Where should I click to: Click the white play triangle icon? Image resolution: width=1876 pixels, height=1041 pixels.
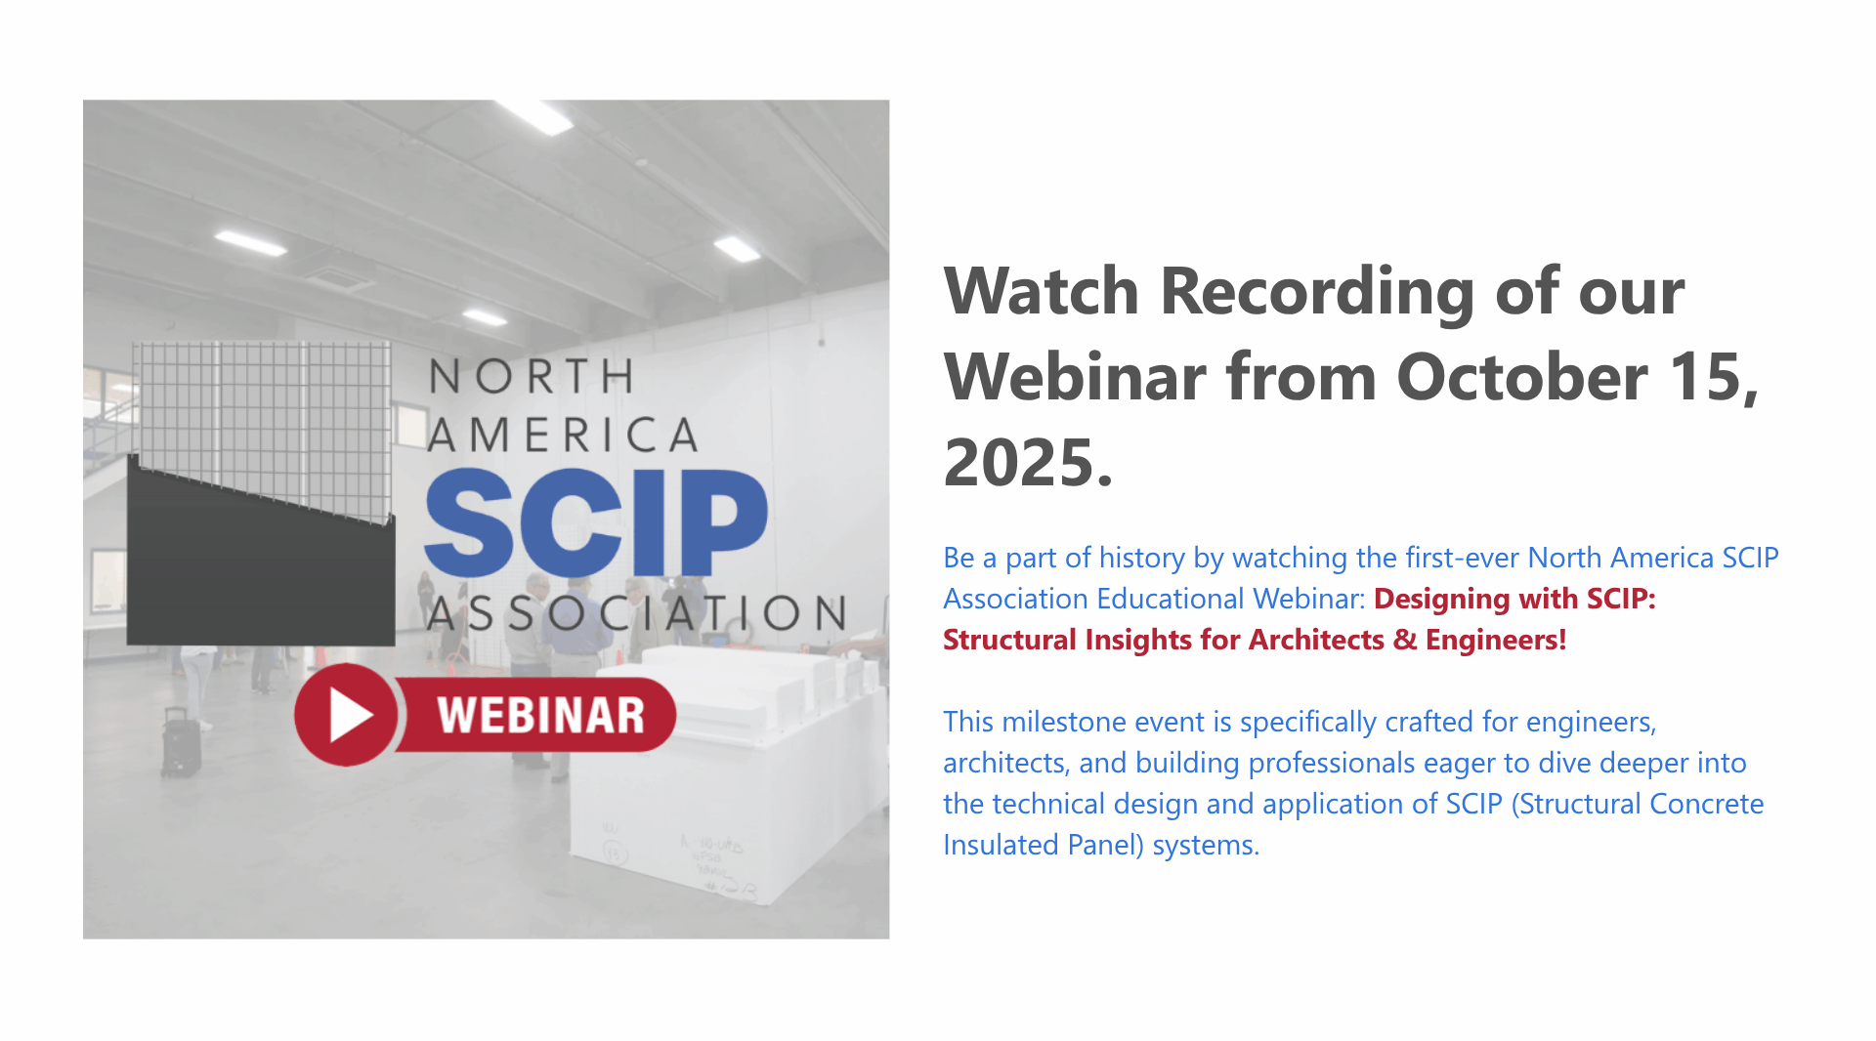[349, 715]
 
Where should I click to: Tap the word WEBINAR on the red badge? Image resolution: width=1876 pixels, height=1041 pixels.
[540, 716]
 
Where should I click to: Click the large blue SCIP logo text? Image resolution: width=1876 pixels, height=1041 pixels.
[596, 522]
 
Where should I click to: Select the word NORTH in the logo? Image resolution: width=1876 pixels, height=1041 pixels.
[532, 376]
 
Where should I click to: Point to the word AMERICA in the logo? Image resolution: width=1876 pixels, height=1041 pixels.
[564, 436]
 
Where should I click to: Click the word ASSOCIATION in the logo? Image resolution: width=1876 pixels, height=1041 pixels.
[637, 613]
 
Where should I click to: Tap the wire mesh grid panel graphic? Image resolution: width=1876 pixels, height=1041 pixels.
[264, 430]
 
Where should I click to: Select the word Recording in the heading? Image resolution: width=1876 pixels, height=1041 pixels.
[1317, 292]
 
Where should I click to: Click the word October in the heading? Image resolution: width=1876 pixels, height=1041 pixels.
[1522, 377]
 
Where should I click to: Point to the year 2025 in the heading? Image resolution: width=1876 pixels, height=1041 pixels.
[1028, 462]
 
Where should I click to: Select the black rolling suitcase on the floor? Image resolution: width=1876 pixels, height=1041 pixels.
[181, 743]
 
